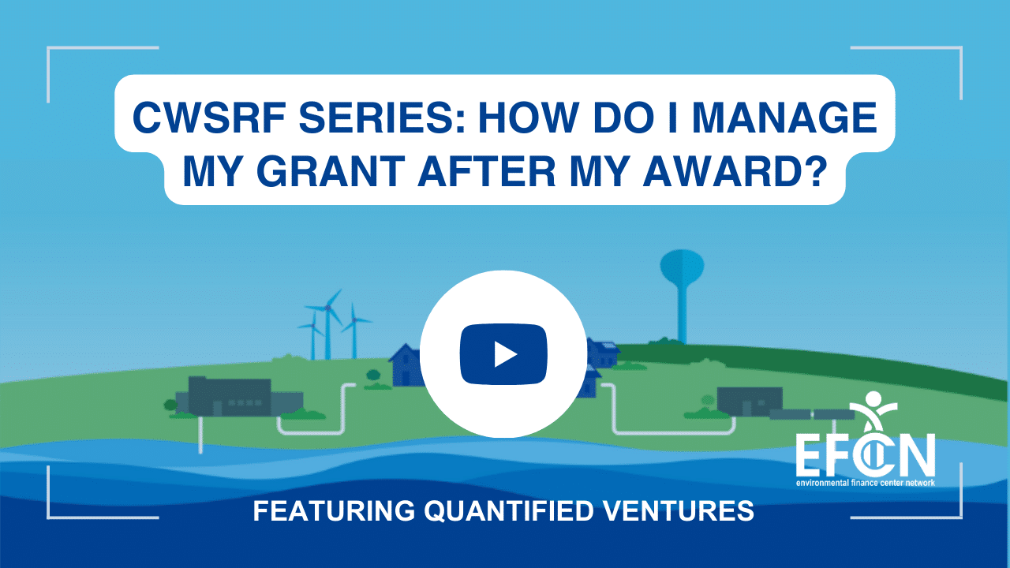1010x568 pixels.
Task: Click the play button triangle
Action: coord(505,355)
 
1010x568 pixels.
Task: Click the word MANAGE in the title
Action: coord(784,118)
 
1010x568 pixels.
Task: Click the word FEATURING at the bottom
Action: coord(334,510)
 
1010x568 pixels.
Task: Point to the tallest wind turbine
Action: coord(327,323)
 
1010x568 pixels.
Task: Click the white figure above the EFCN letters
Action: coord(873,411)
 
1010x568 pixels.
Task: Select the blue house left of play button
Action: coord(407,365)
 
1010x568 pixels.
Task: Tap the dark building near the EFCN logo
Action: coord(750,402)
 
